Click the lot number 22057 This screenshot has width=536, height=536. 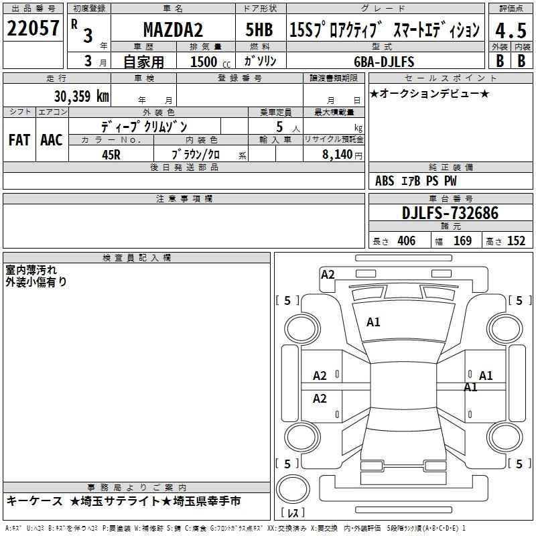[x=33, y=28]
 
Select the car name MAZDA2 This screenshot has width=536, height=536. [x=173, y=29]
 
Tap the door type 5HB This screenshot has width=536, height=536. [x=259, y=29]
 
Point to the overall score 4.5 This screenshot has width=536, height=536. [x=511, y=30]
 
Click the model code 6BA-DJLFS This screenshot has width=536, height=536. [x=384, y=62]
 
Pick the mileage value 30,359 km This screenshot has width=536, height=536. [x=82, y=96]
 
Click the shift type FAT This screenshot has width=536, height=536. [x=19, y=140]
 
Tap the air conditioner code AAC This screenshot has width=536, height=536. [x=52, y=140]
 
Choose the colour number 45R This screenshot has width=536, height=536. [x=111, y=155]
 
